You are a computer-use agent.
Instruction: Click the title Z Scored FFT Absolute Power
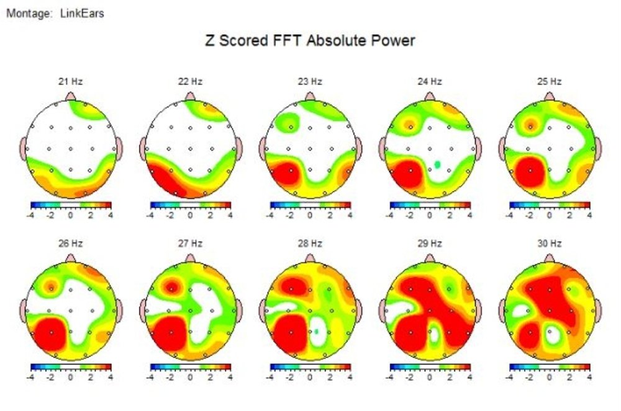point(310,42)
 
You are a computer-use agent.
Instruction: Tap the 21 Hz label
point(71,81)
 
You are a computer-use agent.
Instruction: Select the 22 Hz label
point(190,81)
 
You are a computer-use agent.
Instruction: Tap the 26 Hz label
point(71,244)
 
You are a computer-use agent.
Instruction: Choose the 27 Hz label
point(190,244)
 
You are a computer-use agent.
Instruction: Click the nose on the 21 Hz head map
point(71,96)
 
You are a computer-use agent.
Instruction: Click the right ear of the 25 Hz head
point(597,148)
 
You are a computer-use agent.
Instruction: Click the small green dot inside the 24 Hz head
point(438,164)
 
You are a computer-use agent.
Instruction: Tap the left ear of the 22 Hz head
point(144,148)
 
